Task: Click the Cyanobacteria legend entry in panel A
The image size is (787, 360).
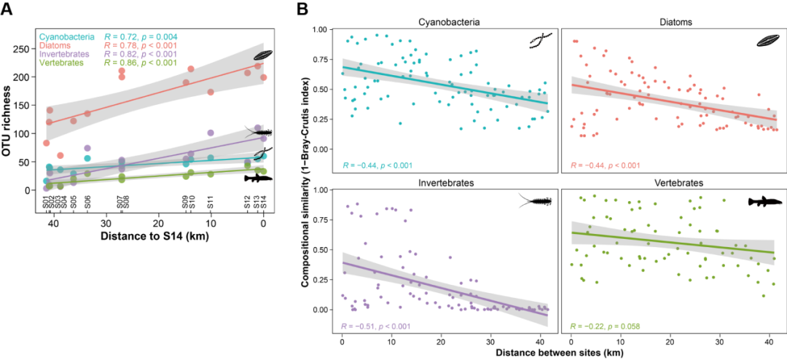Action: point(64,36)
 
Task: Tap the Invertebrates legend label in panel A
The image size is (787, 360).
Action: point(63,54)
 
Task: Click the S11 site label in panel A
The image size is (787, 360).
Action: point(211,203)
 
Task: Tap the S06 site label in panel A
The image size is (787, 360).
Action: point(87,203)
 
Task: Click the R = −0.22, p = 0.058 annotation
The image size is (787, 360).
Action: point(605,326)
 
